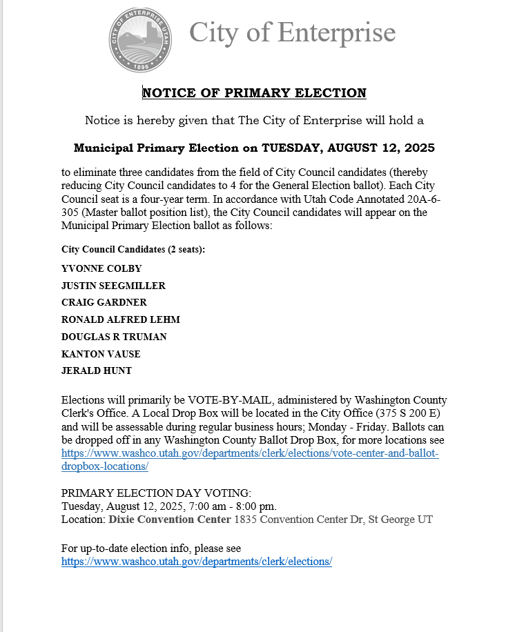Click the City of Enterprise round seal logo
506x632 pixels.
[140, 41]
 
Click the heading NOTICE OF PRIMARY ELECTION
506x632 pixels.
[254, 93]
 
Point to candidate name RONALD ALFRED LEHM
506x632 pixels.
[121, 319]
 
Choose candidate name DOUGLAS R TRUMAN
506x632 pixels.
[114, 337]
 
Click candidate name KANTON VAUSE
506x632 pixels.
[101, 354]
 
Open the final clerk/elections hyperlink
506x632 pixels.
[197, 562]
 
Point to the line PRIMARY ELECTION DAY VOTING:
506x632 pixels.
[157, 493]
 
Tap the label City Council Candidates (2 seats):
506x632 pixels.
[133, 249]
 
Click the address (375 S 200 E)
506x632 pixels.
[399, 413]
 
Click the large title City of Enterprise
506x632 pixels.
[292, 32]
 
